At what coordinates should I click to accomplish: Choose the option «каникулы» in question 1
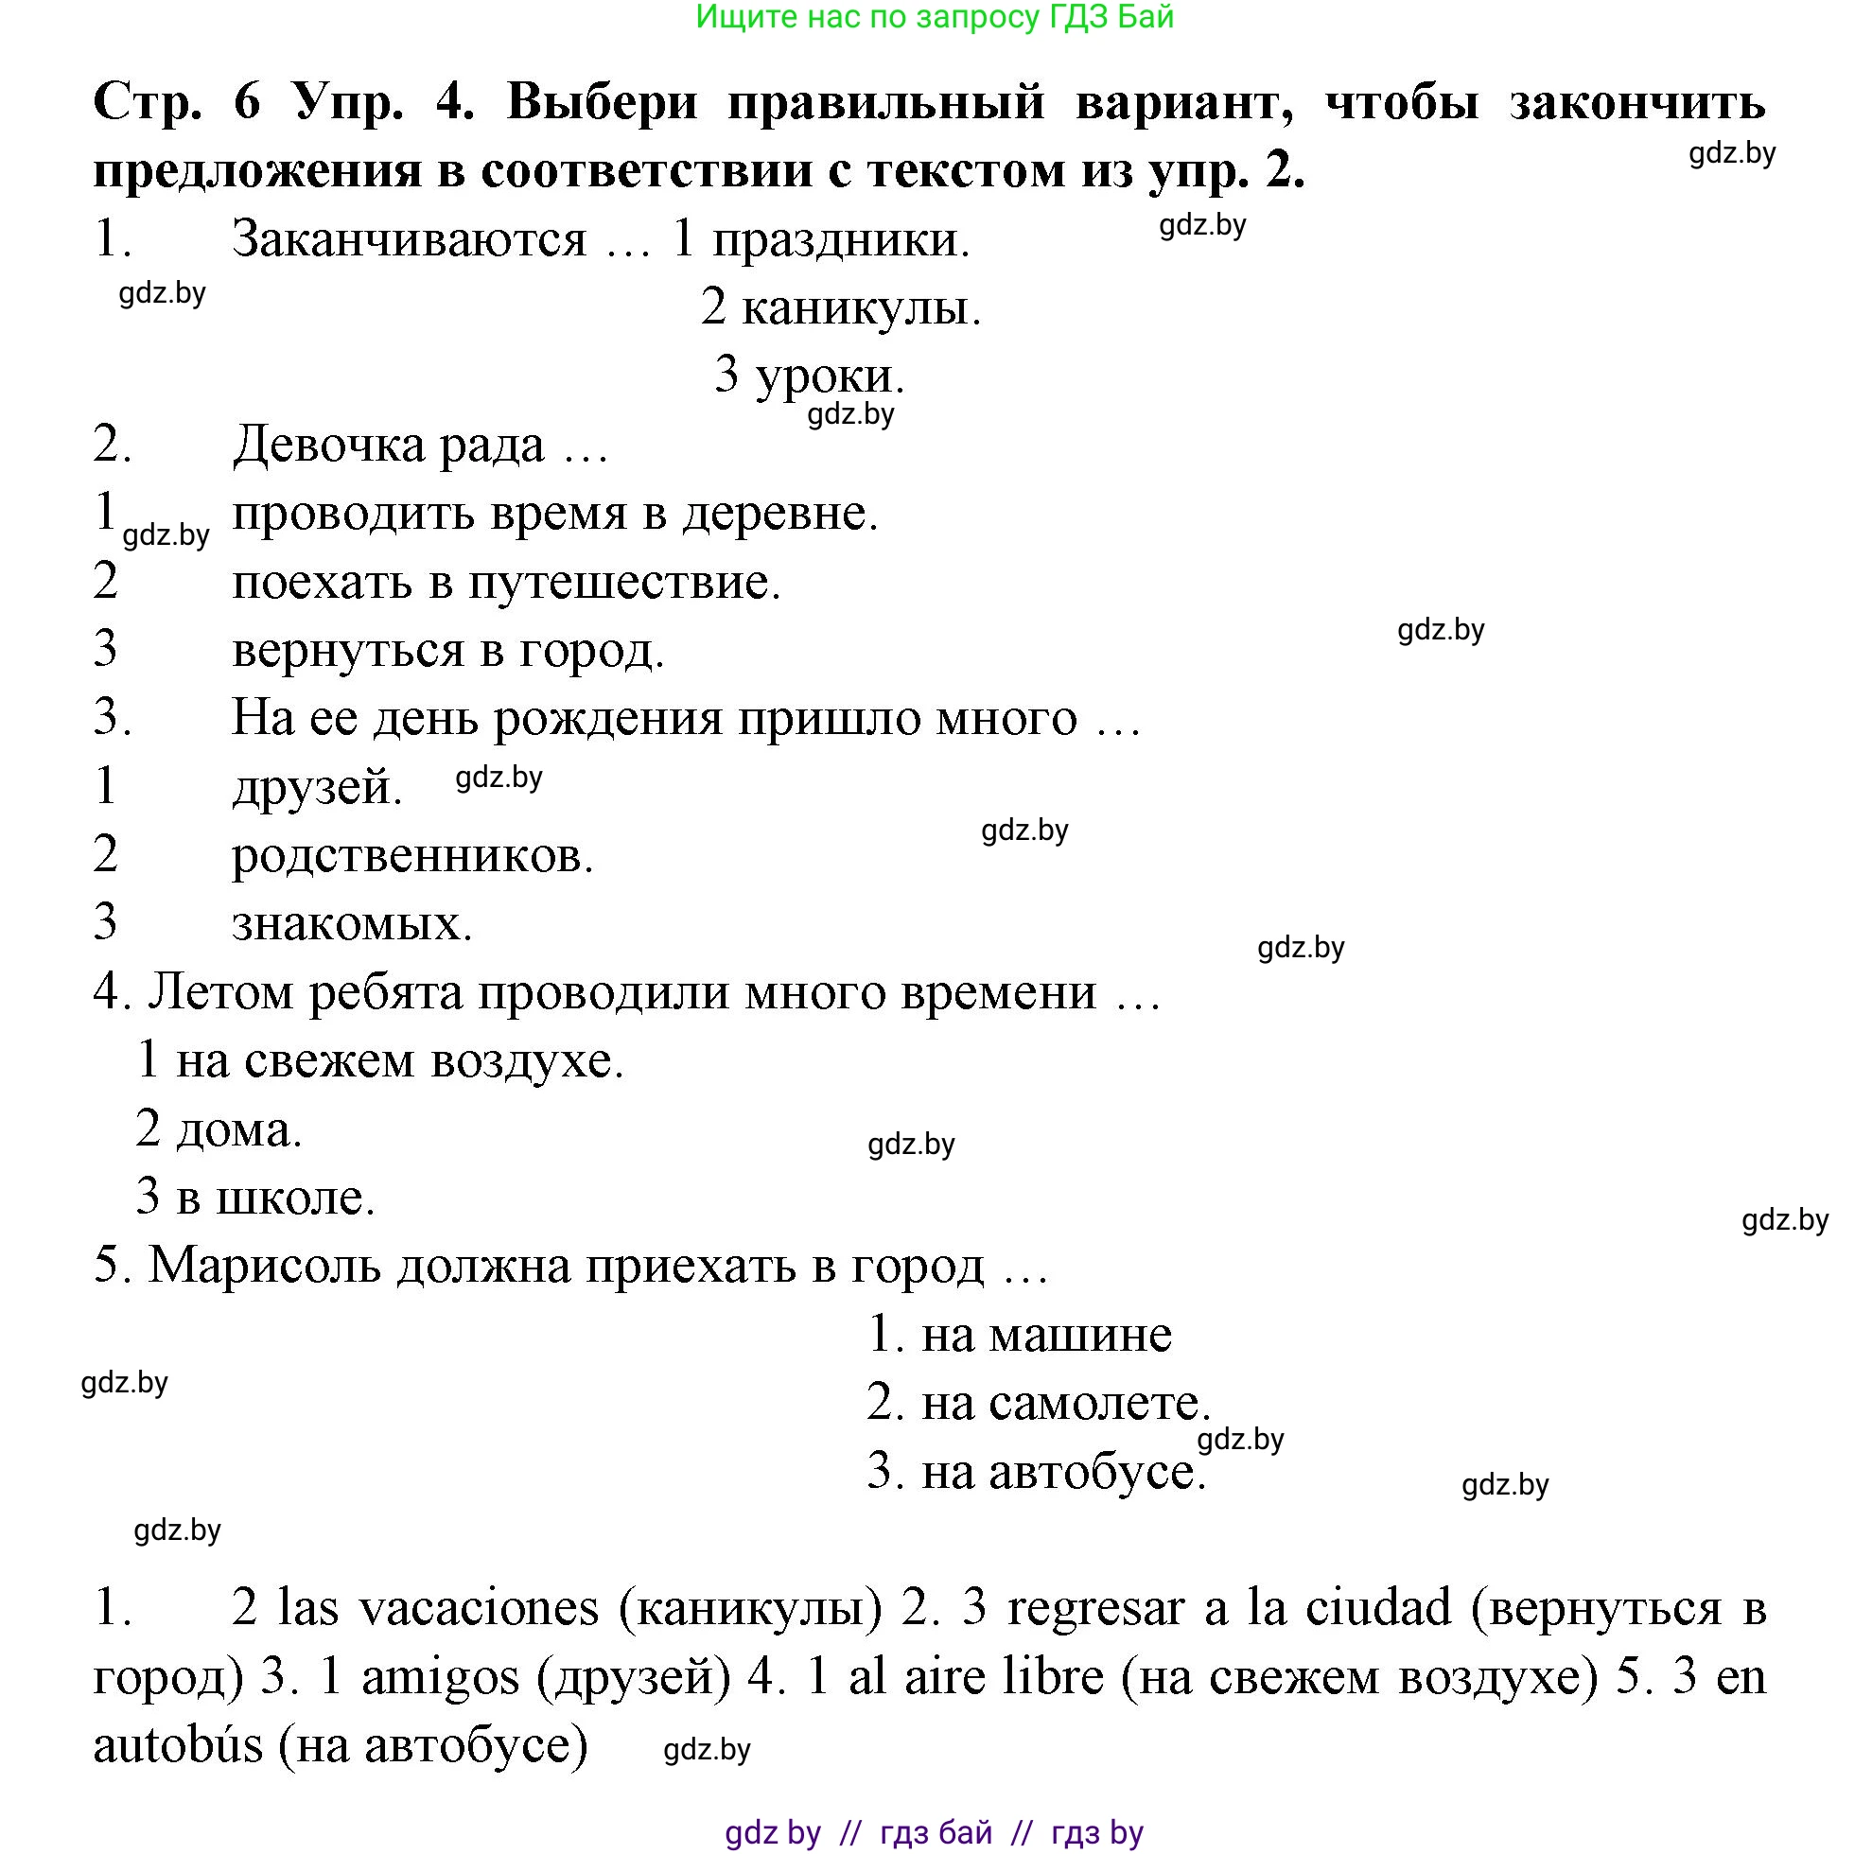click(861, 308)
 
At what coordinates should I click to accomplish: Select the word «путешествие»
click(625, 583)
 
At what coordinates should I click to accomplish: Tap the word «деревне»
click(780, 515)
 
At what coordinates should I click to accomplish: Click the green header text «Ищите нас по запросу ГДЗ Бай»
click(934, 17)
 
